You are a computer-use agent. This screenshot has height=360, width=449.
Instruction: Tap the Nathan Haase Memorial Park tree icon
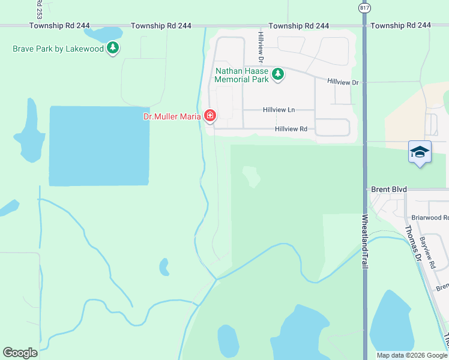(x=277, y=74)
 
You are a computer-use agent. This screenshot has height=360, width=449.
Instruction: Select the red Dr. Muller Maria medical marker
(x=209, y=116)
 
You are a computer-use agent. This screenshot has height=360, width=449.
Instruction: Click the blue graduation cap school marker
(x=420, y=152)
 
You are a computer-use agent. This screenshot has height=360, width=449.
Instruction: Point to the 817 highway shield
(x=364, y=7)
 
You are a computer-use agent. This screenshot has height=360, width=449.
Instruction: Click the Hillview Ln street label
(x=279, y=110)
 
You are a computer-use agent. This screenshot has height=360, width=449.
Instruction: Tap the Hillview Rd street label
(x=291, y=129)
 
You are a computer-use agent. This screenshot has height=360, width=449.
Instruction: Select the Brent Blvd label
(x=389, y=189)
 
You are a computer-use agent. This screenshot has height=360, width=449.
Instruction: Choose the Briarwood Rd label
(x=430, y=218)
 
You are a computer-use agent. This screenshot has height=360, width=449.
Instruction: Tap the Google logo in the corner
(x=20, y=353)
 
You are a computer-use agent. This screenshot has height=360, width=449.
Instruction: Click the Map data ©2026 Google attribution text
(x=412, y=355)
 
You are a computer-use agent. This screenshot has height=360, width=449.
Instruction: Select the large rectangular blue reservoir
(x=99, y=146)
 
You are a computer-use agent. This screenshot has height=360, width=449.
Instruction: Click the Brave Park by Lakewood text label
(x=58, y=49)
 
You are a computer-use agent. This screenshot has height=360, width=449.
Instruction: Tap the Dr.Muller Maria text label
(x=171, y=116)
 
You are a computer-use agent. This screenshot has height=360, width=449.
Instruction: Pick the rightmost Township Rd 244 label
(x=401, y=26)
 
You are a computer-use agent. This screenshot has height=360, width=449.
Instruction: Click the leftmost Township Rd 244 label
(x=59, y=26)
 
